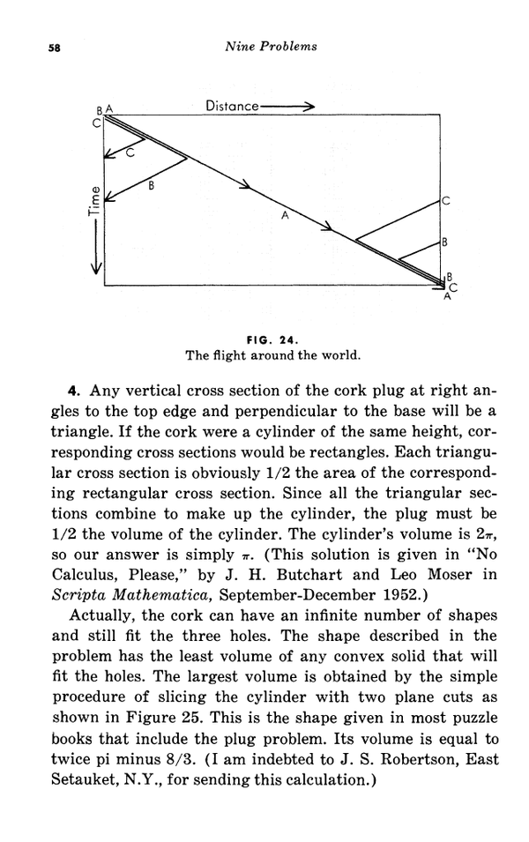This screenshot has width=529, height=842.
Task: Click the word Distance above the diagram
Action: click(232, 106)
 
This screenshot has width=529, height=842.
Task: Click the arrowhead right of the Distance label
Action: click(308, 106)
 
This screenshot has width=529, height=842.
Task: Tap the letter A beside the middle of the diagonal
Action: click(285, 214)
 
